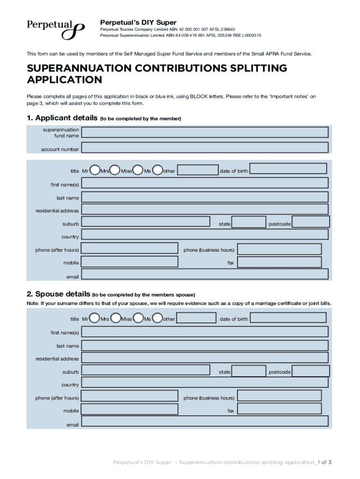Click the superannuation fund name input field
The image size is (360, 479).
coord(205,132)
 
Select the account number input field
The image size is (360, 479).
coord(205,148)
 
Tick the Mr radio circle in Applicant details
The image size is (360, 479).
coord(94,169)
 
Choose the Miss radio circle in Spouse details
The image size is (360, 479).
coord(138,319)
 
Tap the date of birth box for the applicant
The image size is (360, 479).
coord(288,169)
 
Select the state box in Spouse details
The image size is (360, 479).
coord(249,371)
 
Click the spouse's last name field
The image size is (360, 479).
coord(205,345)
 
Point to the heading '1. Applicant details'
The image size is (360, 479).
coord(62,118)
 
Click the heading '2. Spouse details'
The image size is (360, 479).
coord(58,294)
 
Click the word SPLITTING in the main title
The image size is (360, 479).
coord(249,68)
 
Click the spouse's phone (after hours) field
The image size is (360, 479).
coord(130,397)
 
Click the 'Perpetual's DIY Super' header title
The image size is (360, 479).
coord(138,22)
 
